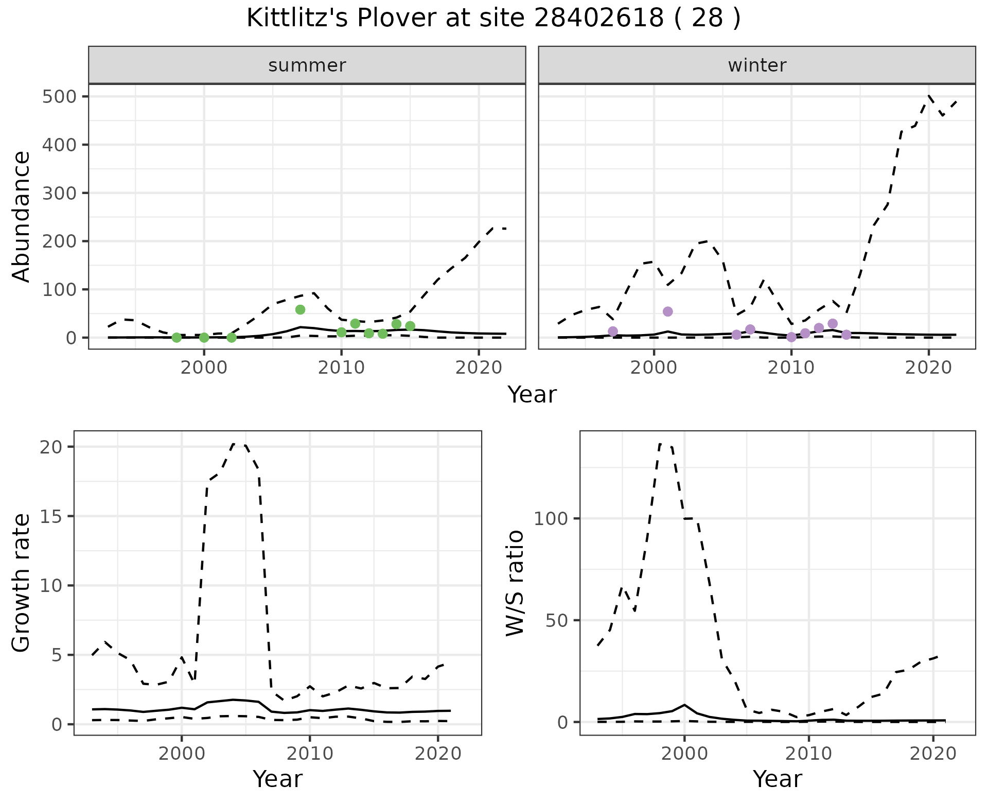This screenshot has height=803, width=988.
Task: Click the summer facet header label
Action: click(307, 65)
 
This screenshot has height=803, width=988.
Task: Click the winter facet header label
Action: click(757, 65)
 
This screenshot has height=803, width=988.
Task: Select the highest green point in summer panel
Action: click(300, 309)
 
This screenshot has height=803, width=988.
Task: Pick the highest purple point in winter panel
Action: click(668, 311)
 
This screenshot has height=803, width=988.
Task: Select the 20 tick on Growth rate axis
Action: click(50, 447)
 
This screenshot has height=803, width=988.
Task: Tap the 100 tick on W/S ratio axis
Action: click(552, 518)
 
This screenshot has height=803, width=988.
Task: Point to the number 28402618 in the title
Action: click(599, 19)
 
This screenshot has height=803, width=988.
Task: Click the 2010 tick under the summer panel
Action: click(341, 368)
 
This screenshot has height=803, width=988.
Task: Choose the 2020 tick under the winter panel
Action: click(928, 368)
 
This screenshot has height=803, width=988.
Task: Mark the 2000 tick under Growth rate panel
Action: click(181, 754)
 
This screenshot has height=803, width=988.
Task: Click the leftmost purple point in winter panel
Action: click(613, 331)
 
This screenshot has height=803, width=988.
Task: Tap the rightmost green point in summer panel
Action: click(410, 326)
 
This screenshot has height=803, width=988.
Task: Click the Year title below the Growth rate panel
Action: click(278, 779)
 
